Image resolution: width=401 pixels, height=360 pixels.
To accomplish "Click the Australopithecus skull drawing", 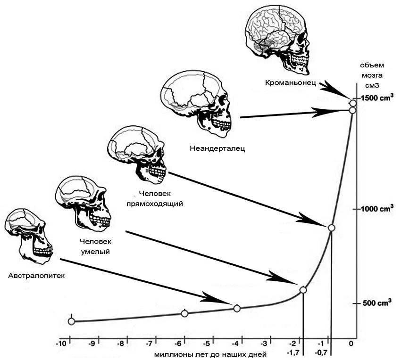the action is tap(29, 236).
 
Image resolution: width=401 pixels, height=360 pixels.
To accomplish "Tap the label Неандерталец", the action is tap(217, 148).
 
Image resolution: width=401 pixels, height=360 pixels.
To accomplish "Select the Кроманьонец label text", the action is tap(291, 83).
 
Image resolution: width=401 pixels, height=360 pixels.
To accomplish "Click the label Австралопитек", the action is tap(37, 276).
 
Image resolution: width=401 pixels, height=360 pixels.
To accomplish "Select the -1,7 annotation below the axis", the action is tap(293, 353).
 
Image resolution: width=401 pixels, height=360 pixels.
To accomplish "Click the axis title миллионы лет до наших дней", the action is tap(210, 355).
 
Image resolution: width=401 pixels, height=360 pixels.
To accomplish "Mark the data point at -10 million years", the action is tap(71, 321).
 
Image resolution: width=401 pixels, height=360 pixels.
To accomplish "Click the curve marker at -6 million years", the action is tap(184, 313).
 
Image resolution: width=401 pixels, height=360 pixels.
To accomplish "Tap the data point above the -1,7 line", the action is tap(303, 290).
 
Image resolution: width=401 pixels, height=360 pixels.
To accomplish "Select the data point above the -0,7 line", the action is tap(331, 228).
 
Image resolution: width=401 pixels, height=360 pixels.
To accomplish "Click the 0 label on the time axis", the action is tap(351, 344).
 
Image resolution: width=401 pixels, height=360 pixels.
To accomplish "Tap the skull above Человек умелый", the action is tap(83, 204).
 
